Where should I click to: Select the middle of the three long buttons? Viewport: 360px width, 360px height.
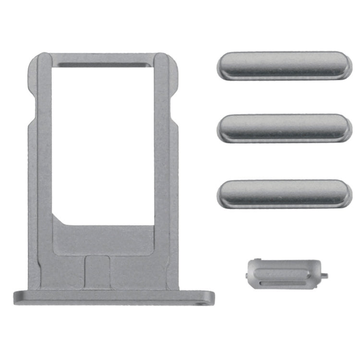pos(284,127)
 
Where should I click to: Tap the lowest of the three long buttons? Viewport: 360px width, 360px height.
pos(284,193)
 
